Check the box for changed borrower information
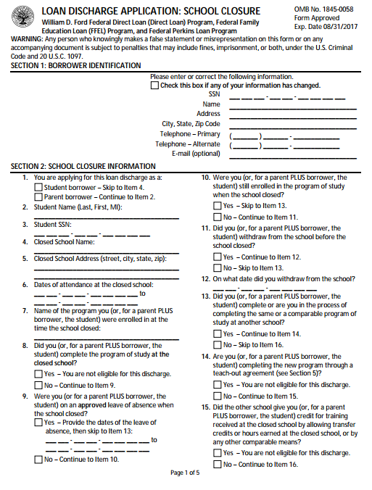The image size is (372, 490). (x=154, y=85)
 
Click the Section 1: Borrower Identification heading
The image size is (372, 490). (x=75, y=66)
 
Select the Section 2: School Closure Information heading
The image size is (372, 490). (x=83, y=166)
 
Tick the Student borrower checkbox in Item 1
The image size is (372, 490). (x=38, y=187)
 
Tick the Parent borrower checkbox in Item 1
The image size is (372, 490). (x=38, y=196)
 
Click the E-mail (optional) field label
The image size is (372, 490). (x=196, y=154)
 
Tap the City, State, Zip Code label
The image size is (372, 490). (x=191, y=124)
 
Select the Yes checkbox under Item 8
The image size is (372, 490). (x=38, y=374)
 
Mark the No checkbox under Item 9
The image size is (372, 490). (x=38, y=459)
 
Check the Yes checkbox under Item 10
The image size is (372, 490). (x=218, y=206)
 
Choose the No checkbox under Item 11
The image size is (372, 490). (x=218, y=267)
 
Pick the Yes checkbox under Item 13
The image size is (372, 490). (x=218, y=333)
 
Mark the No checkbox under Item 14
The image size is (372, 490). (x=218, y=396)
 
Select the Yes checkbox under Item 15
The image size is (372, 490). (x=218, y=453)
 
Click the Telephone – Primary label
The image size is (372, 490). (x=190, y=134)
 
